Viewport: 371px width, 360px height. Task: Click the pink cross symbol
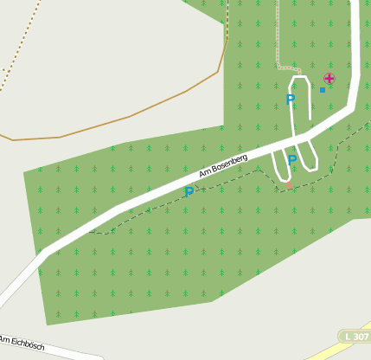point(329,78)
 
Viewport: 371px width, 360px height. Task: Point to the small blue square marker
point(323,89)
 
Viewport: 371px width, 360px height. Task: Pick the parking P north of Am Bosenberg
point(291,100)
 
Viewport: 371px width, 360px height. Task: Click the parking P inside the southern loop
point(292,160)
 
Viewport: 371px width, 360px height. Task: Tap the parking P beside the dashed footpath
point(189,191)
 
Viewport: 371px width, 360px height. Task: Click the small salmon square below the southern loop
point(289,184)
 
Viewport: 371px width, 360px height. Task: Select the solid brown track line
point(130,117)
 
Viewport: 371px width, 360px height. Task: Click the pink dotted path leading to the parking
point(278,35)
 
